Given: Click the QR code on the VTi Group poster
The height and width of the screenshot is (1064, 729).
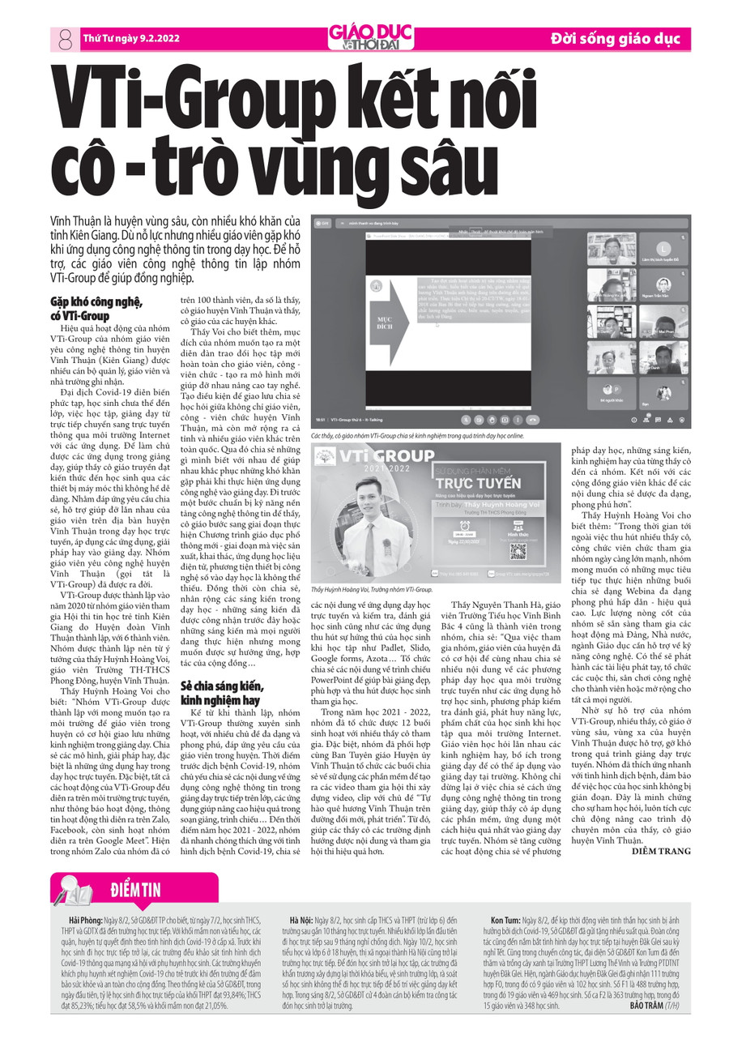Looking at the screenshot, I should pyautogui.click(x=518, y=550).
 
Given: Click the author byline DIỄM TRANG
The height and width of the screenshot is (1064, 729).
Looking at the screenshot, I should pyautogui.click(x=663, y=851).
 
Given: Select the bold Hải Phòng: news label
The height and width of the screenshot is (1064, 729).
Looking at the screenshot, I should pyautogui.click(x=86, y=921).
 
